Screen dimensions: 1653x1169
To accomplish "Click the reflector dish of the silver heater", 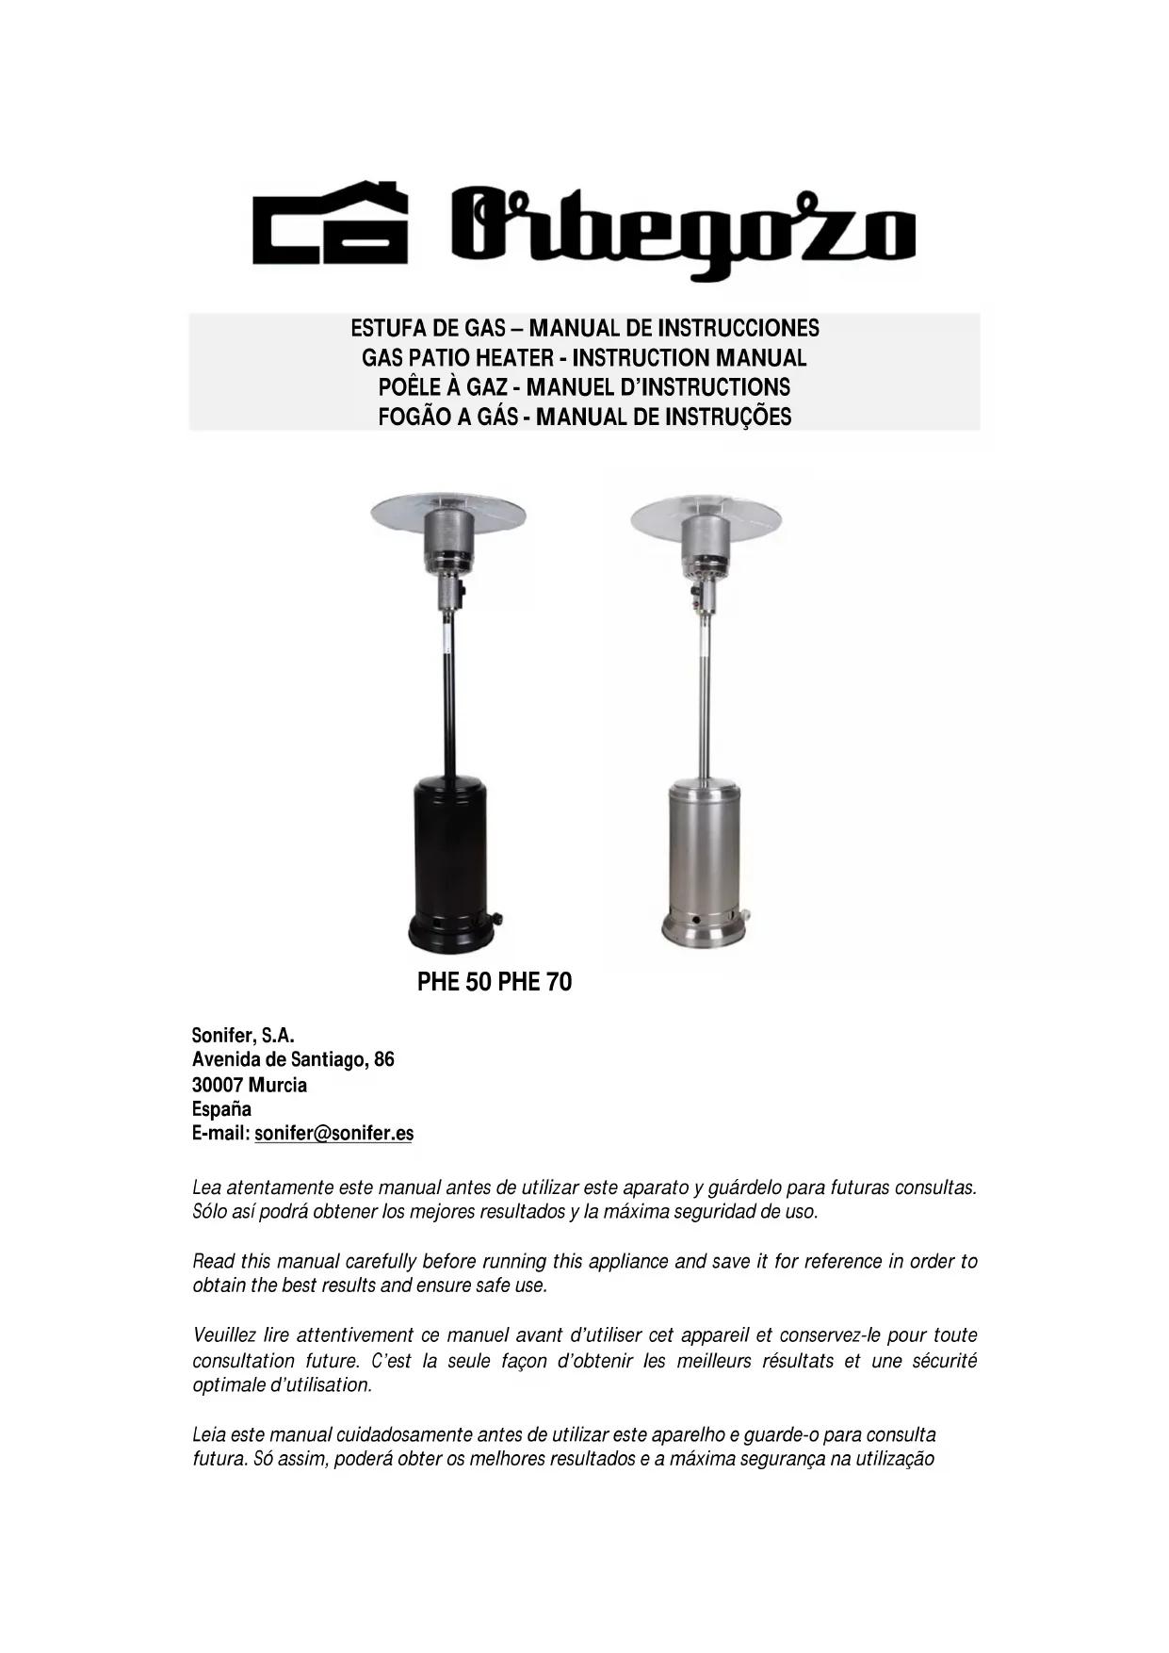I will [x=706, y=514].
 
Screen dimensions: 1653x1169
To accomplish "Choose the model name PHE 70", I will [x=535, y=982].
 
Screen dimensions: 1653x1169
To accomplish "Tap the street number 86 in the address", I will [x=383, y=1059].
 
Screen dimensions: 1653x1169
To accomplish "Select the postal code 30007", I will [x=218, y=1085].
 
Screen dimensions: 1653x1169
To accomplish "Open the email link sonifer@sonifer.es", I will [x=333, y=1134].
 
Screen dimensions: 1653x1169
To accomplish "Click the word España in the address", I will [x=221, y=1109].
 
